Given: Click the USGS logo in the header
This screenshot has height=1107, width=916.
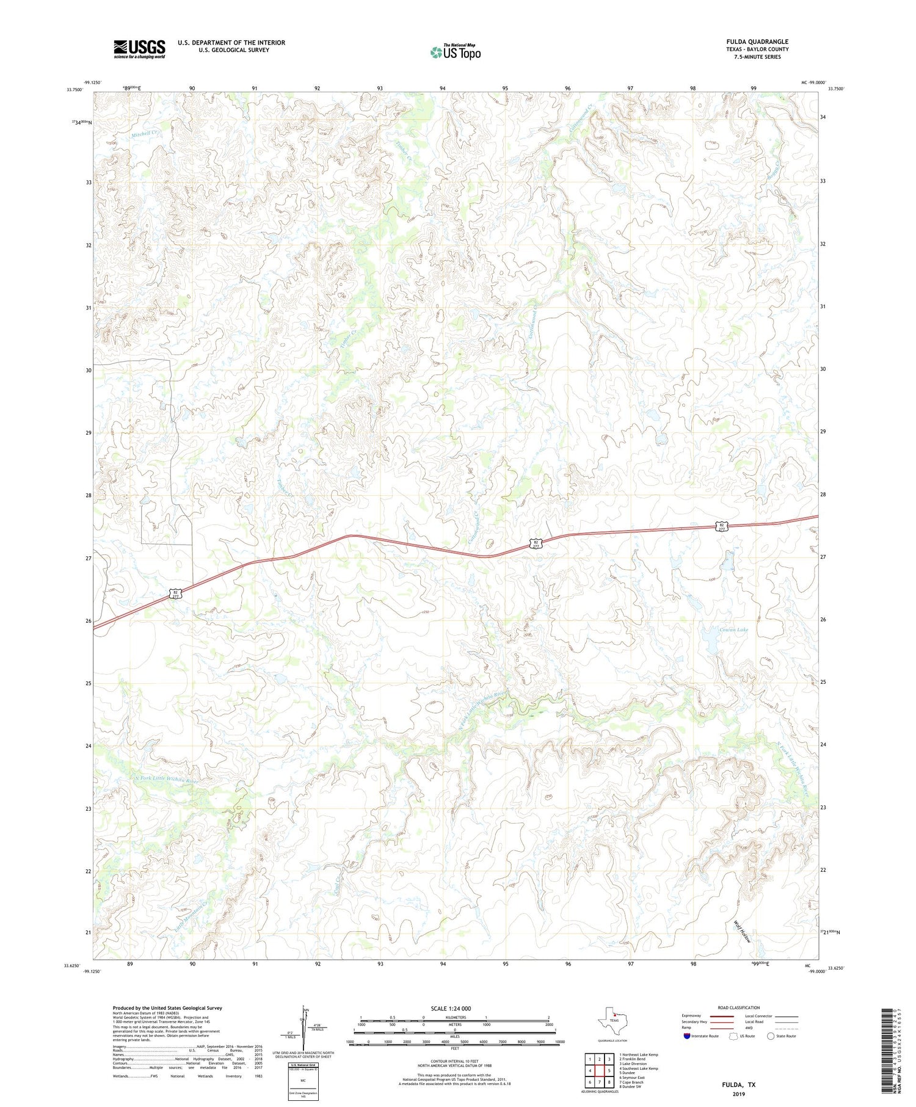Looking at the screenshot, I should [x=139, y=49].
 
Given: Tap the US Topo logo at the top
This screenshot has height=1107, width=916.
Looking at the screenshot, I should [x=456, y=52].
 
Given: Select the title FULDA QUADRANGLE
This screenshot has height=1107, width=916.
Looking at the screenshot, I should [x=757, y=42].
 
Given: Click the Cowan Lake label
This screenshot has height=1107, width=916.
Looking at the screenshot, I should [x=733, y=630].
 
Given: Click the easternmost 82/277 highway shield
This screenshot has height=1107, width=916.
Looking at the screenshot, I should [x=722, y=526].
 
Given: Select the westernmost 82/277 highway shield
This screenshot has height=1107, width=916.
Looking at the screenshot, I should [x=175, y=593].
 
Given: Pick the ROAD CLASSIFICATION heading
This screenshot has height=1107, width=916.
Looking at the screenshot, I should [x=738, y=1007].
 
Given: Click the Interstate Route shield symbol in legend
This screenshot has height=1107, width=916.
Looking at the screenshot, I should [x=688, y=1036].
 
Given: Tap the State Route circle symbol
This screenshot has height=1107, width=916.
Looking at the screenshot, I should [x=771, y=1036].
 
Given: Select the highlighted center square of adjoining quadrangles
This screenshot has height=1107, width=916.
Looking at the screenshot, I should [x=600, y=1070].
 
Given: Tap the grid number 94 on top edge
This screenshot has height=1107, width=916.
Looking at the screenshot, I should [x=443, y=89].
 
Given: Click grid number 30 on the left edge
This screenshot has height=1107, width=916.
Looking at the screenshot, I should [x=89, y=370].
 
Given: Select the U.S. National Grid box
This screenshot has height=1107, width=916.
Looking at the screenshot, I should [x=303, y=1081].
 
